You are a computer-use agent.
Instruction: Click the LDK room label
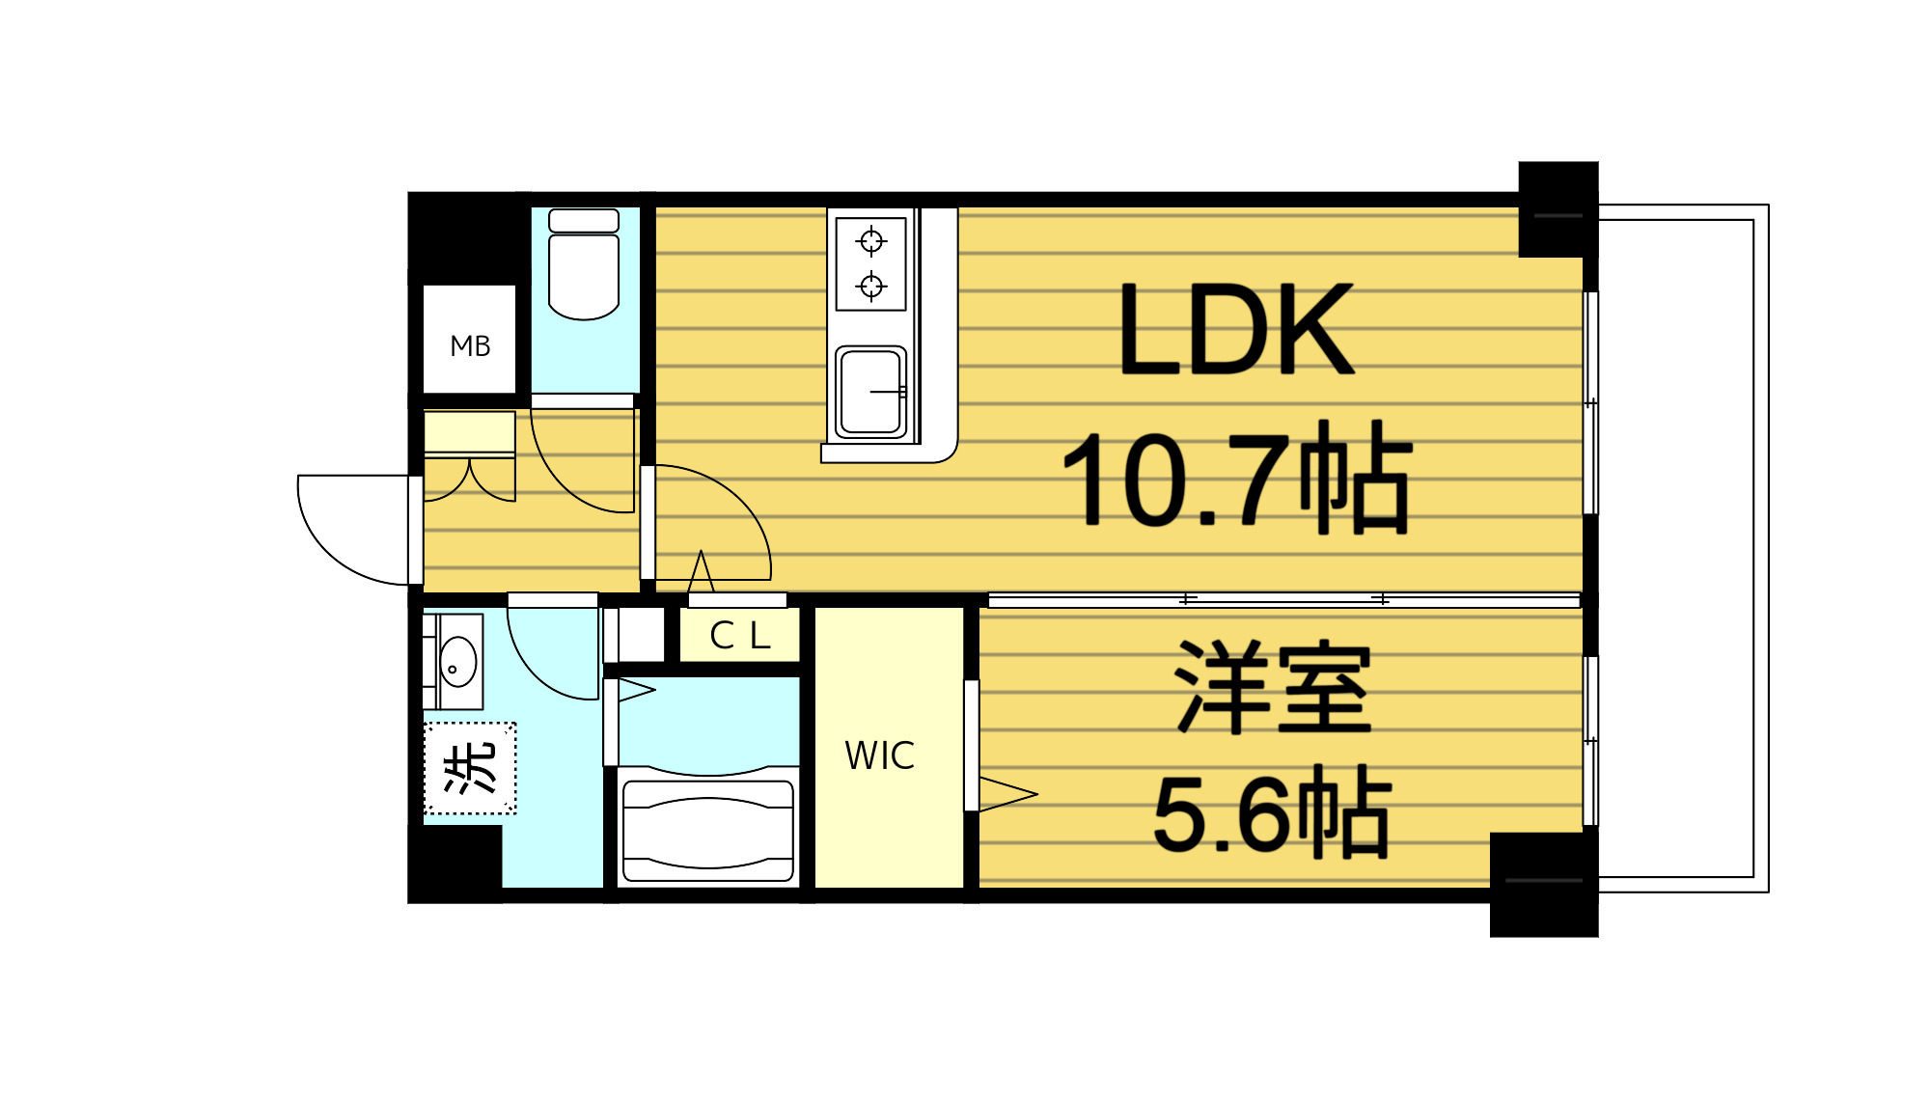pos(1236,330)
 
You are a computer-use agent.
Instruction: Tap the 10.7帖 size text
pos(1236,479)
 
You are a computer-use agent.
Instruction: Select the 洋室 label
pos(1272,686)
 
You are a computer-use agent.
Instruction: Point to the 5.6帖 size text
pos(1272,813)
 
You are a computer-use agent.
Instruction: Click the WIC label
pos(879,756)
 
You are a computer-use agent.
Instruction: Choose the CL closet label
pos(739,636)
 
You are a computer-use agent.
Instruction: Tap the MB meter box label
pos(470,345)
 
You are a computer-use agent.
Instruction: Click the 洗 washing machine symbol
pos(470,768)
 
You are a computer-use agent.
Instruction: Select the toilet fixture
pos(584,265)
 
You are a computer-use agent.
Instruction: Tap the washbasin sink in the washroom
pos(457,662)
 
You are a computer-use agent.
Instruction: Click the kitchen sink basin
pos(870,392)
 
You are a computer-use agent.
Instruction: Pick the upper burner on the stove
pos(871,240)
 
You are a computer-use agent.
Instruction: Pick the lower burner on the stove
pos(871,286)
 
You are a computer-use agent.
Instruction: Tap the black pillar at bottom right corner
pos(1543,884)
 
